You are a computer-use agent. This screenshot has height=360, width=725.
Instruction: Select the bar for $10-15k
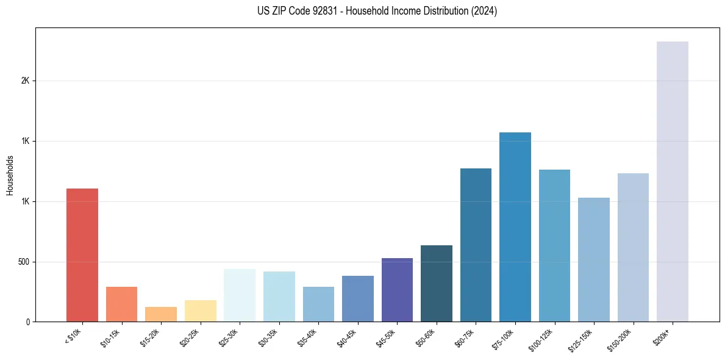pos(121,304)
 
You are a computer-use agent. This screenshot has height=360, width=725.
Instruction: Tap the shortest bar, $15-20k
pos(161,314)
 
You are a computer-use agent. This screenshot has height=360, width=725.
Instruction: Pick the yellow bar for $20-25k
pos(201,311)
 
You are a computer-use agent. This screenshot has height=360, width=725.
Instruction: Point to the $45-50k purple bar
pos(397,290)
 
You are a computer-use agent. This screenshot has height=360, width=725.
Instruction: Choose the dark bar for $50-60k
pos(437,283)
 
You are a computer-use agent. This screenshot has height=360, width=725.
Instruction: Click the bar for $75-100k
pos(515,227)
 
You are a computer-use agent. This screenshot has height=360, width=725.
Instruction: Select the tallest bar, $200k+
pos(673,181)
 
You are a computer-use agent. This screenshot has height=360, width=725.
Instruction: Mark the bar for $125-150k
pos(594,259)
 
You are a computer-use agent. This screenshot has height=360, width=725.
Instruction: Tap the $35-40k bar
pos(318,304)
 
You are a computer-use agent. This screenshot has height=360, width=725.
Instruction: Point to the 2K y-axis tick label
pos(25,81)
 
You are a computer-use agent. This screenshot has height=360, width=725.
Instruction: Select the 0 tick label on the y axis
pos(27,322)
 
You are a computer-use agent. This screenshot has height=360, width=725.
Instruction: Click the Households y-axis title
pos(10,175)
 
